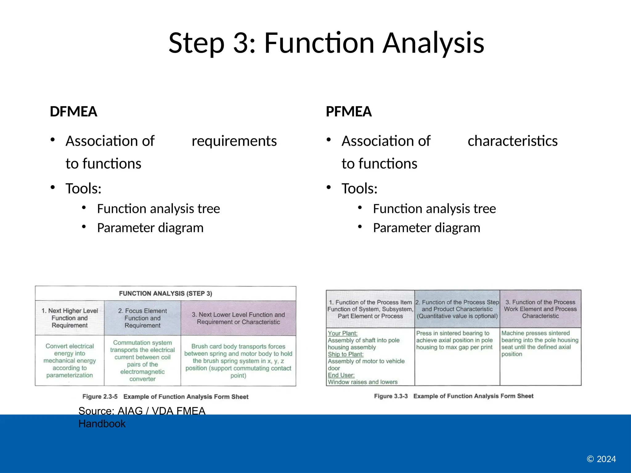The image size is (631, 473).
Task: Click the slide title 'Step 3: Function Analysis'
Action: tap(326, 43)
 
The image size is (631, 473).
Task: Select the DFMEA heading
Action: tap(73, 111)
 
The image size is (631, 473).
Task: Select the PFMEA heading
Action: tap(348, 111)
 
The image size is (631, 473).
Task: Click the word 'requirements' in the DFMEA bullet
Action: tap(234, 141)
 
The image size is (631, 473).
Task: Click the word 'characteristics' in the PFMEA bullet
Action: tap(512, 141)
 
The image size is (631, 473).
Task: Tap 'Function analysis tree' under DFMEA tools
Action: tap(158, 209)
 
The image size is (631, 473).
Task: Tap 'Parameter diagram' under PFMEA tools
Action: tap(426, 228)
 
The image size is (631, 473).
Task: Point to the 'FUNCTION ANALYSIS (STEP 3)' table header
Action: tap(165, 293)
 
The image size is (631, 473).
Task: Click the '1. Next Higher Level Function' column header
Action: tap(70, 318)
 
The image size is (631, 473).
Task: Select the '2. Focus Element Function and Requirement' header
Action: tap(142, 318)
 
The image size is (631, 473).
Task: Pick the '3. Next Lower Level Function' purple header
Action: tap(238, 318)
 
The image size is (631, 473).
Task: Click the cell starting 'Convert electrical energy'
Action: tap(70, 361)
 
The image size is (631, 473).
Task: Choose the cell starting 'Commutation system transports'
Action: tap(142, 361)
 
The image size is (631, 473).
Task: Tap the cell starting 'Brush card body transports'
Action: tap(238, 361)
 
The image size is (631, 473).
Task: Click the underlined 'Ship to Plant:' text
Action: tap(345, 354)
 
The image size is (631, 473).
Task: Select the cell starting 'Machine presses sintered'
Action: tap(539, 343)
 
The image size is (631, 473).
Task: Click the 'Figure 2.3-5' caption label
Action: tap(100, 397)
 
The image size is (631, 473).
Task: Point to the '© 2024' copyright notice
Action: tap(601, 459)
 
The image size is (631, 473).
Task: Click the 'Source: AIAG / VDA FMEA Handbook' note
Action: tap(142, 417)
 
